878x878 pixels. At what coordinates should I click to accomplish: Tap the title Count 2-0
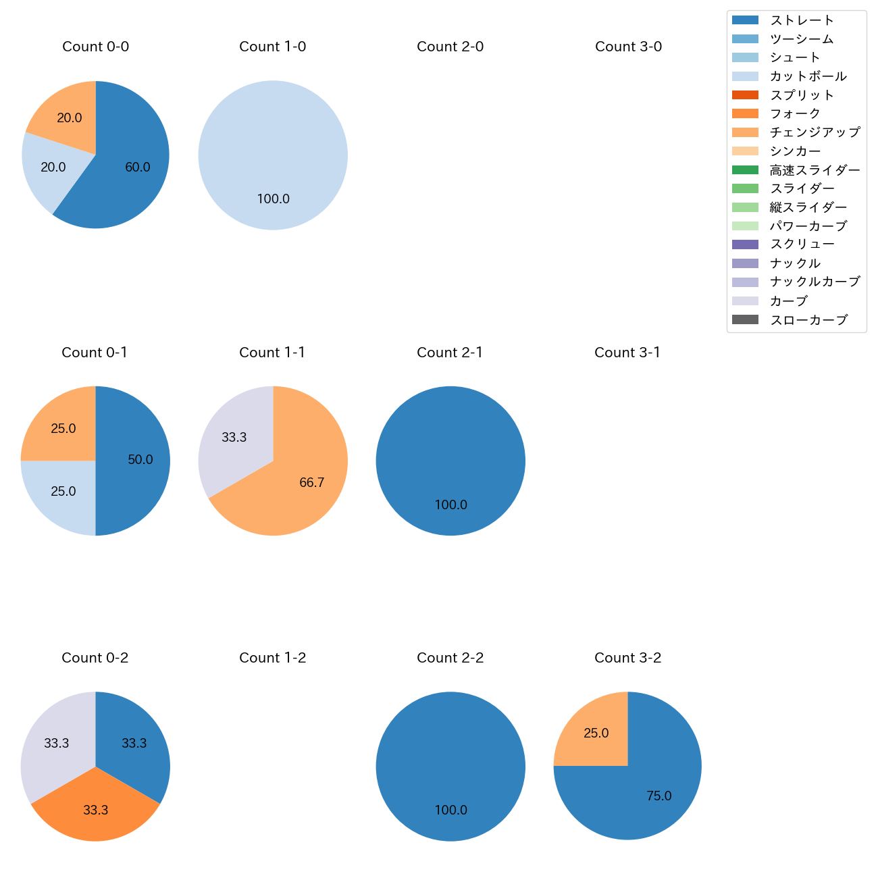450,47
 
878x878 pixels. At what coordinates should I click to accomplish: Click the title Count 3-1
627,353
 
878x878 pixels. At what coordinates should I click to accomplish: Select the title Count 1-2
272,658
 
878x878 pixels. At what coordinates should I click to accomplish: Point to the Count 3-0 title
628,47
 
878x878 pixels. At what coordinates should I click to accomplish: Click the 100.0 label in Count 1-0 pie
273,199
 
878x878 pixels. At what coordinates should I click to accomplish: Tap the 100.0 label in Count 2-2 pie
450,810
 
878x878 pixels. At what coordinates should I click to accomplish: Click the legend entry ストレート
802,20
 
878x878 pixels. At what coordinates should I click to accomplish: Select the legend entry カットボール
808,76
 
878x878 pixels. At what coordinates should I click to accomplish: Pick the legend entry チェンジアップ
815,132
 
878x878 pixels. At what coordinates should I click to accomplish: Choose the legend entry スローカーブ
808,320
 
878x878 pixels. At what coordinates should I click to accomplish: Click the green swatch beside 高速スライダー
745,170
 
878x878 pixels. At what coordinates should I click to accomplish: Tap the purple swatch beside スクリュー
745,244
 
